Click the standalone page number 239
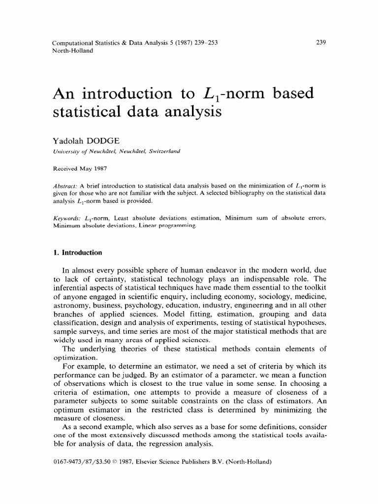pyautogui.click(x=320, y=42)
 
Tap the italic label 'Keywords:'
pyautogui.click(x=66, y=217)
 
